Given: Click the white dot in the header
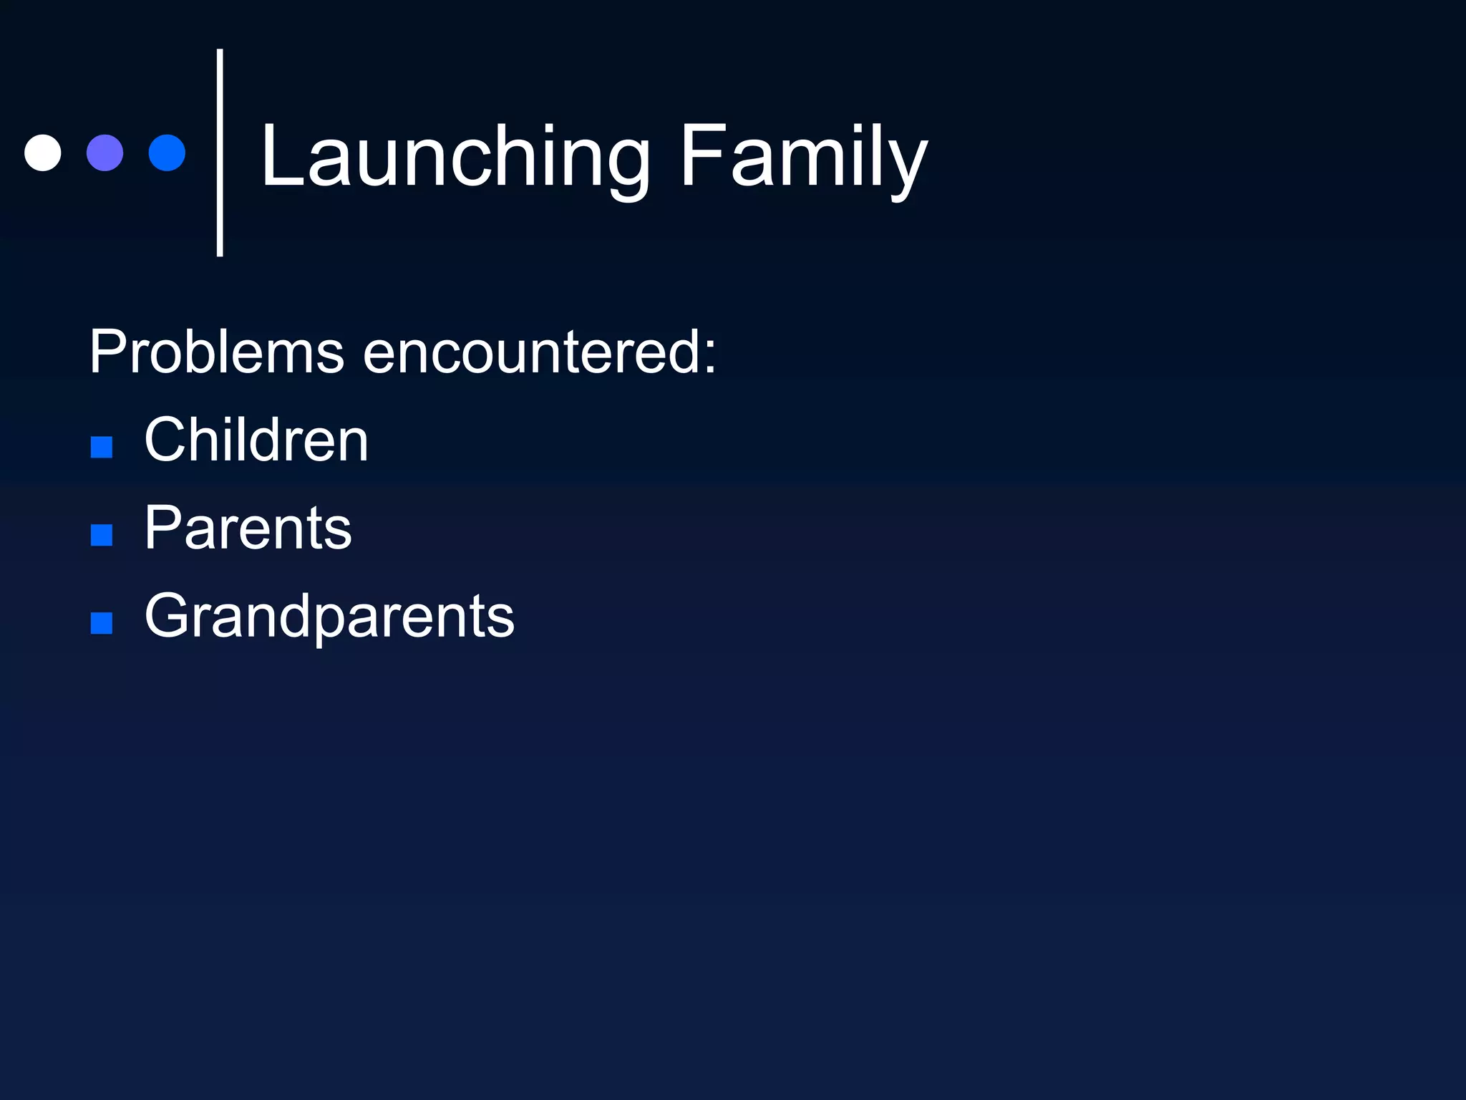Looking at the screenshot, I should point(43,153).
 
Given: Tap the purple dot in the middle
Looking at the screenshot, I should point(105,153).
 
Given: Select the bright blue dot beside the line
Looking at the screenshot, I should point(167,153).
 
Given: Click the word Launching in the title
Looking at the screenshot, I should point(455,158).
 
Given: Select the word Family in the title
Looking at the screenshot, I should point(802,158).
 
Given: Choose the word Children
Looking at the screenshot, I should point(256,440).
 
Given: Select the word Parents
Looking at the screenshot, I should point(248,528).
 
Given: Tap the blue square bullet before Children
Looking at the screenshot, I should point(102,447).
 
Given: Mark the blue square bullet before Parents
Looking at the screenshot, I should point(102,535).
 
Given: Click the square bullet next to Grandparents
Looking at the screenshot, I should point(102,623).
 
